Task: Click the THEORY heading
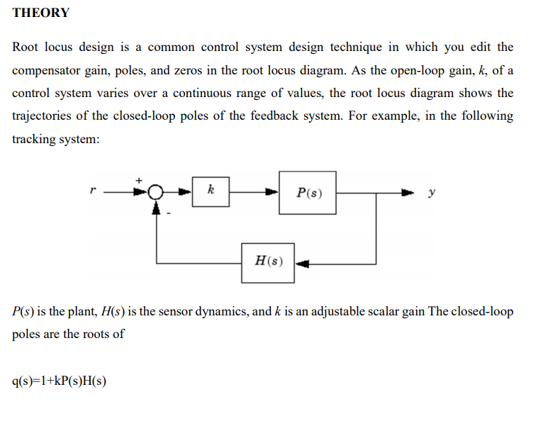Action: click(41, 13)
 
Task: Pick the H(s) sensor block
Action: click(269, 260)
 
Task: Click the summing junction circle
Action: click(156, 191)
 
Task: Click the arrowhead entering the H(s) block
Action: click(302, 263)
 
